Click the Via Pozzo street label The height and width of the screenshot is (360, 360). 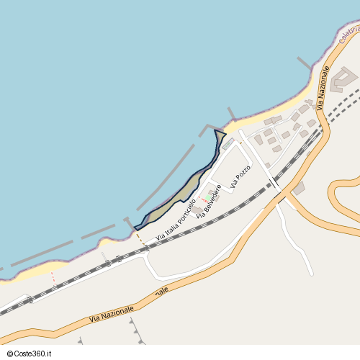240,176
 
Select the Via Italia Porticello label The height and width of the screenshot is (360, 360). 176,218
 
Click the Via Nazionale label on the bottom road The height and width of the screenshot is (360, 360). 130,304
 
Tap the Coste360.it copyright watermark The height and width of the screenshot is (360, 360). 31,354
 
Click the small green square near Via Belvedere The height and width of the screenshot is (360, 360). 207,196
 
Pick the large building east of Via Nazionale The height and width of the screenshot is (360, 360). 344,78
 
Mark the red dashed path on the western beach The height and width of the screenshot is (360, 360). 53,278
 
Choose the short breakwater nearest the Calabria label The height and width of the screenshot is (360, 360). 305,64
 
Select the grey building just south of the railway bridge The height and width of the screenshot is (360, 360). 298,189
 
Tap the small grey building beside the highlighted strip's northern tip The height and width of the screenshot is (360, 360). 228,144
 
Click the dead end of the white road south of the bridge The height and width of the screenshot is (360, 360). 311,274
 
